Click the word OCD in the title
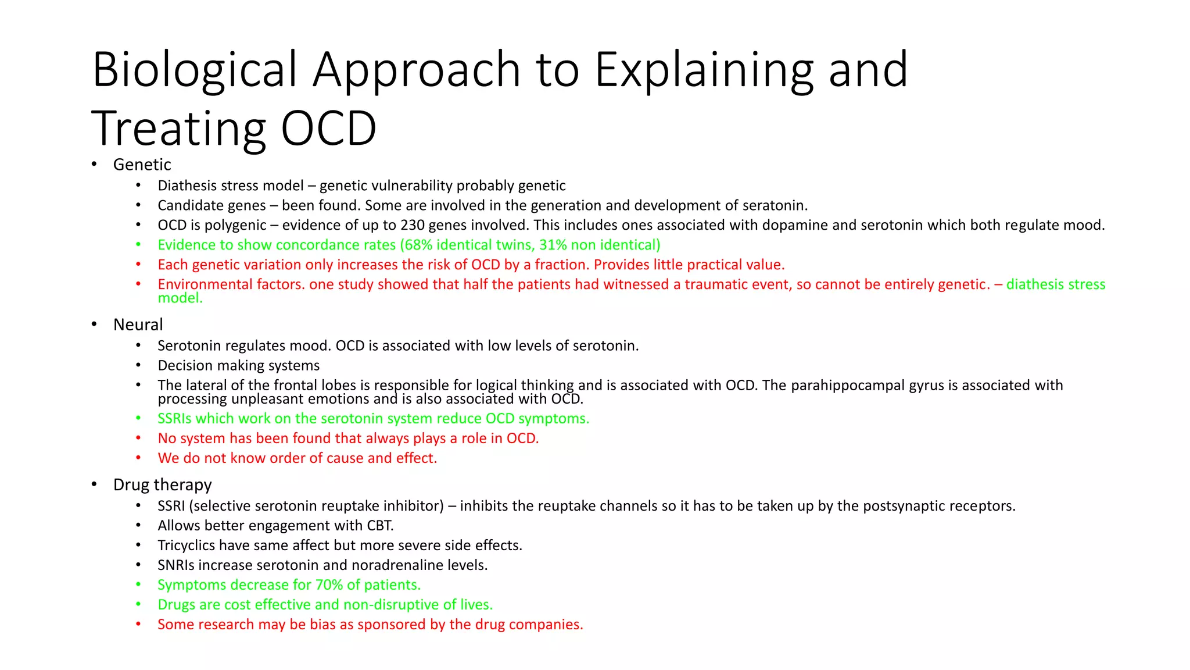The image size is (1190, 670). (x=329, y=129)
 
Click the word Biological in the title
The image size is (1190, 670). (x=195, y=70)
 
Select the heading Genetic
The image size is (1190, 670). (x=142, y=165)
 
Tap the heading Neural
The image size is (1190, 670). (x=138, y=325)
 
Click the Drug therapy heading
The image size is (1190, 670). (x=162, y=484)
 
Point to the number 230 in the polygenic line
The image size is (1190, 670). (x=413, y=225)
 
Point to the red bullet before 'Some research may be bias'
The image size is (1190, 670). (x=138, y=624)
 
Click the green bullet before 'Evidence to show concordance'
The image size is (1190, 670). (x=138, y=245)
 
